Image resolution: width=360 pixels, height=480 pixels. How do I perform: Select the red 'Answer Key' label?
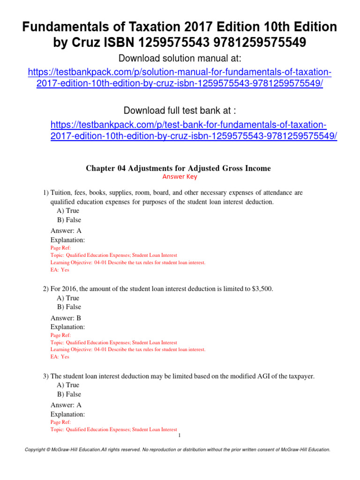[x=180, y=177]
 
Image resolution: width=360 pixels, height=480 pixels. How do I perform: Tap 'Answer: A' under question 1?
[x=66, y=231]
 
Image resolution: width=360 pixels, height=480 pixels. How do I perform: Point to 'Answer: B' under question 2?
[x=66, y=318]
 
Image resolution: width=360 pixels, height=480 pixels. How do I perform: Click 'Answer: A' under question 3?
[x=66, y=405]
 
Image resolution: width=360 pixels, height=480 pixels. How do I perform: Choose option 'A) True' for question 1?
[x=68, y=211]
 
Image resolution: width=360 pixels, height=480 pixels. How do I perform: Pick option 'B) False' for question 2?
[x=69, y=307]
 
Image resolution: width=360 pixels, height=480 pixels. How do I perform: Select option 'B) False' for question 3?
[x=69, y=394]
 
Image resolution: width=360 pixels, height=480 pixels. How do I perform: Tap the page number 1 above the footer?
[x=180, y=436]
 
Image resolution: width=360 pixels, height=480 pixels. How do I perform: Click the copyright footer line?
[x=180, y=450]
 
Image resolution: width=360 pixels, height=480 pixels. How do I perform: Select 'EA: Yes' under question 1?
[x=60, y=270]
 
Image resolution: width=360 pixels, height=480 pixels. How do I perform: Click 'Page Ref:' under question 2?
[x=60, y=336]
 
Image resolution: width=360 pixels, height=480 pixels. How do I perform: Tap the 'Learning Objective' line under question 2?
[x=127, y=350]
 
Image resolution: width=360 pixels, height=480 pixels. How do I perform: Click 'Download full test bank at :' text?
[x=180, y=111]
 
